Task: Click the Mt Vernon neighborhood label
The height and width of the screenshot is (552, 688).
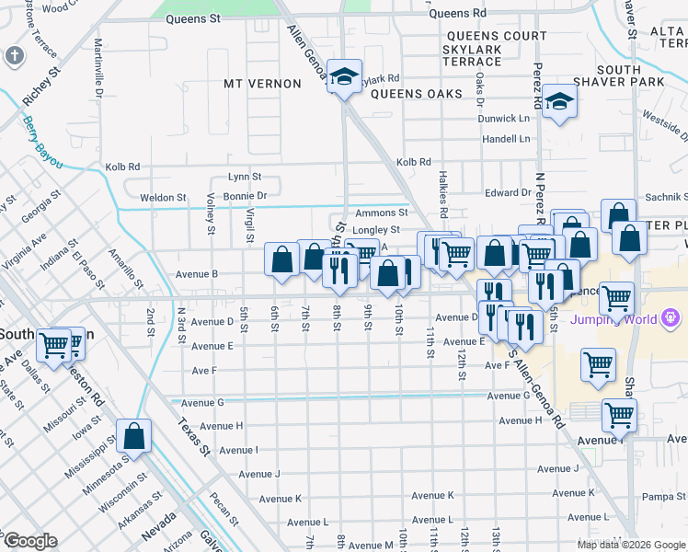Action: tap(262, 84)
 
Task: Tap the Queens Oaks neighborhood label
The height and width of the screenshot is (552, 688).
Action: tap(412, 94)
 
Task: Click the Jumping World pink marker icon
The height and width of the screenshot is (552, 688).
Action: tap(671, 319)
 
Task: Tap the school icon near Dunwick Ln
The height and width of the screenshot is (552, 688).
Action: tap(557, 103)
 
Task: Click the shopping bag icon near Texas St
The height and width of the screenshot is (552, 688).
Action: tap(134, 437)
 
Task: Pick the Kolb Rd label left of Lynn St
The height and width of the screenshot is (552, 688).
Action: tap(121, 167)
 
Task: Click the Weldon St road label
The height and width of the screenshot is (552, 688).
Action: tap(163, 198)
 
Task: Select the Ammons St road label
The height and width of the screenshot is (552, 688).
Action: tap(381, 213)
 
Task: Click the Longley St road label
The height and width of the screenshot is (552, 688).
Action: tap(376, 230)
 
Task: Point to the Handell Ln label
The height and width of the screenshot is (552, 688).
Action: tap(508, 139)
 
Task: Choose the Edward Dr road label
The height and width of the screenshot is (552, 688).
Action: tap(509, 192)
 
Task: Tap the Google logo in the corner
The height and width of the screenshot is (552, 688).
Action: tap(29, 541)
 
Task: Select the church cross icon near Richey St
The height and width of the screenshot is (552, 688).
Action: tap(14, 55)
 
